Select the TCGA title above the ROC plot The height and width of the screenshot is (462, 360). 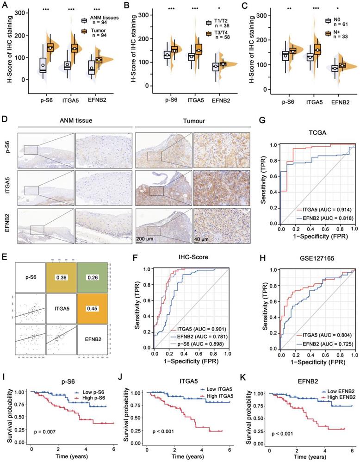point(317,134)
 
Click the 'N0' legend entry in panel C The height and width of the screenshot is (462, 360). point(330,20)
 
